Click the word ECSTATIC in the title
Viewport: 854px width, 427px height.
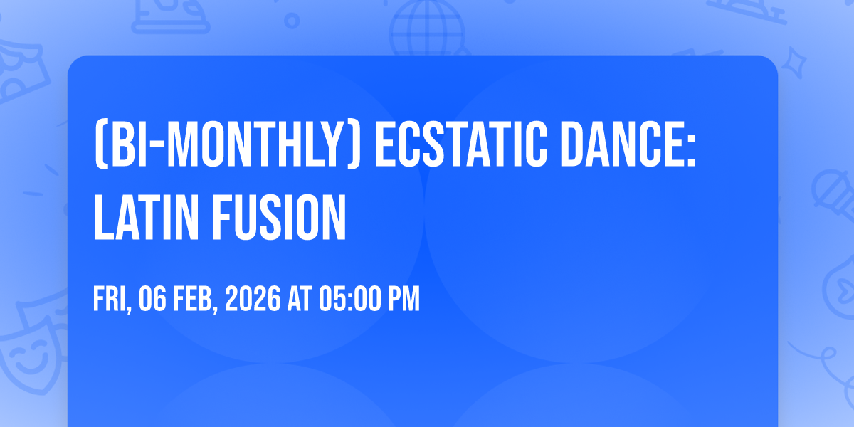click(461, 144)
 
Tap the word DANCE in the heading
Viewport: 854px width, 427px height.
click(621, 144)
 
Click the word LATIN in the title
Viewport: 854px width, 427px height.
click(146, 217)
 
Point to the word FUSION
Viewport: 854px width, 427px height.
click(279, 217)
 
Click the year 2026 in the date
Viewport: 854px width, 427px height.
click(253, 299)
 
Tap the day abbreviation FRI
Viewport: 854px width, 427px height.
click(112, 300)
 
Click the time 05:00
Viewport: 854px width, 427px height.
click(350, 299)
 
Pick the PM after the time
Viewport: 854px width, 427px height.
click(404, 299)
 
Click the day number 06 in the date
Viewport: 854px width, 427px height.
click(152, 299)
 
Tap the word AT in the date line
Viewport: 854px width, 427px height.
click(300, 299)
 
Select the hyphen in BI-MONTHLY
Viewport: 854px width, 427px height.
click(156, 147)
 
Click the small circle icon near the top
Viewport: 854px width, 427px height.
click(292, 21)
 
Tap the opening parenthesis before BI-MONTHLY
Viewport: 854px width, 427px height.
click(100, 145)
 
